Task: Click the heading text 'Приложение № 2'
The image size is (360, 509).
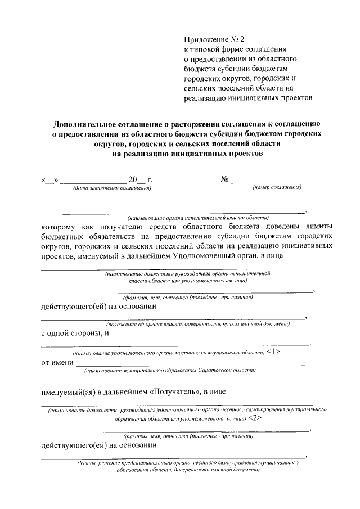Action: coord(215,39)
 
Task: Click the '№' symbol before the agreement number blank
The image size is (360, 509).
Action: coord(224,179)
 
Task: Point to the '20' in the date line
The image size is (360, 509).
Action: coord(133,179)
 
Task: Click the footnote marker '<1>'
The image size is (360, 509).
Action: coord(273,352)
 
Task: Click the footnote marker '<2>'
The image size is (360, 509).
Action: coord(255,419)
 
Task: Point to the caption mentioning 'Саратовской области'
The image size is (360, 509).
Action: coord(170,370)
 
